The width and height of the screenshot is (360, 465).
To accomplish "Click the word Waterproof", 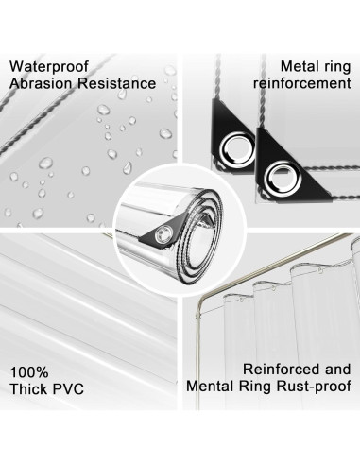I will point(50,68).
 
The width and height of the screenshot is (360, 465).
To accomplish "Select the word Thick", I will point(29,387).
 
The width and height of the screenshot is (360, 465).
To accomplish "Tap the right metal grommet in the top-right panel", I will point(283,173).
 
